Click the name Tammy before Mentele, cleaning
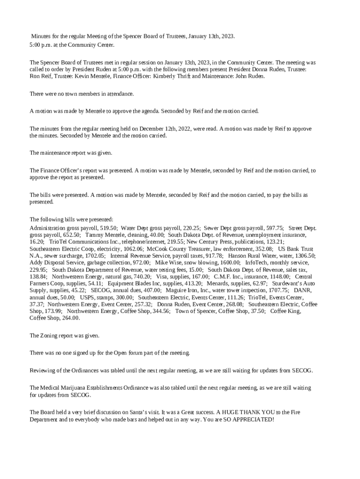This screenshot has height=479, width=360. coord(94,235)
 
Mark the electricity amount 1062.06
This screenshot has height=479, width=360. coord(130,249)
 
